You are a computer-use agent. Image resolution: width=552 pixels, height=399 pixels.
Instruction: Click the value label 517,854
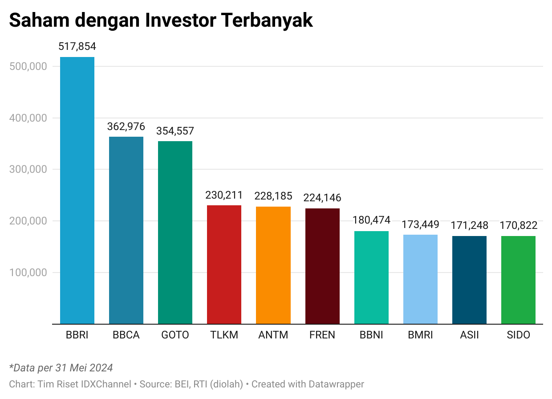point(77,47)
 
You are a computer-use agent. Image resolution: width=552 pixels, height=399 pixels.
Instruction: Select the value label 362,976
point(126,126)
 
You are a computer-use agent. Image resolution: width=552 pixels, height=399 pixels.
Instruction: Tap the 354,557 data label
point(175,131)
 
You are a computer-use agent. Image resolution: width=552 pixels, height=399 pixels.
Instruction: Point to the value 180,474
point(371,220)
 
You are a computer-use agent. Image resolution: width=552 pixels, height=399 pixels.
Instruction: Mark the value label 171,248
point(469,225)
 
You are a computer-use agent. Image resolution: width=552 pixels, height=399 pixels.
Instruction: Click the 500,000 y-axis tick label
point(28,66)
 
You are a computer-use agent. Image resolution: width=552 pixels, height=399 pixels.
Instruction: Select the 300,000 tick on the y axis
point(28,169)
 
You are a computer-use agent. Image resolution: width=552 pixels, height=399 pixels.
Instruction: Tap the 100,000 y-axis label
point(28,273)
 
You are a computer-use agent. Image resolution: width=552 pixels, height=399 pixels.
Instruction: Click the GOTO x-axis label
point(175,335)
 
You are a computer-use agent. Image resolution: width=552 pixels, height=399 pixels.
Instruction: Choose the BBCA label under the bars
point(126,335)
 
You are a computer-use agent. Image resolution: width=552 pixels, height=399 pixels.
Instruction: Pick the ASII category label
point(469,335)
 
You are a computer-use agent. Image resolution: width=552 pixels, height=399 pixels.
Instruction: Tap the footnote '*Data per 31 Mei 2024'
point(61,368)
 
